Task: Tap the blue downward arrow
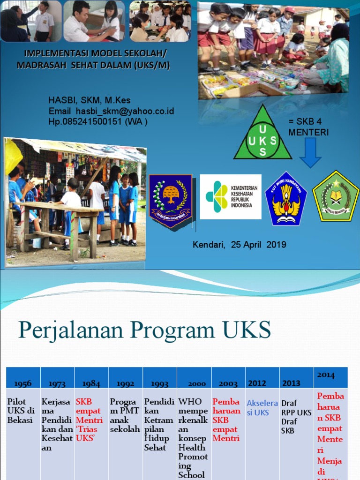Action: click(x=310, y=152)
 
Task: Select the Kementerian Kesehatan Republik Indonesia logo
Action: click(x=231, y=197)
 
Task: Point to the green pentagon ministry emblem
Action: click(x=336, y=196)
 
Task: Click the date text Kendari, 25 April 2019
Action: click(x=239, y=245)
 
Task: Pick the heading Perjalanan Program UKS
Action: click(x=144, y=330)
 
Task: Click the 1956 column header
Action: click(x=23, y=383)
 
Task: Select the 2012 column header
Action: click(x=257, y=383)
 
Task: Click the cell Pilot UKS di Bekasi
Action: click(x=22, y=411)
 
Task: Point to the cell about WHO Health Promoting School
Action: click(x=193, y=438)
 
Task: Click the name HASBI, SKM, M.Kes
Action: click(x=90, y=100)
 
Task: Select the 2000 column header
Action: click(x=194, y=383)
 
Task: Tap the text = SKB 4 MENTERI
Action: click(x=308, y=127)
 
